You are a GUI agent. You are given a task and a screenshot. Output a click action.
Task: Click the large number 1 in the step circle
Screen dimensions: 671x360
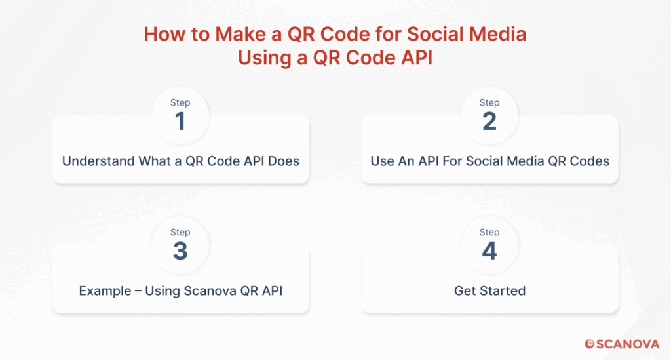(x=180, y=121)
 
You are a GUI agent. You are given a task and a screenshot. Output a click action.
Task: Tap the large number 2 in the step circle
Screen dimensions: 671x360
(x=489, y=121)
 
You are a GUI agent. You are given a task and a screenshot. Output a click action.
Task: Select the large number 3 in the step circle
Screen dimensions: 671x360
(x=180, y=251)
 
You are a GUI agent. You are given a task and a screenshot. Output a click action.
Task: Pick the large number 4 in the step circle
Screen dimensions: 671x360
(x=489, y=251)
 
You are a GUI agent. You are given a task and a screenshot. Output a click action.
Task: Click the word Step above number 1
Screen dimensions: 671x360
(x=180, y=103)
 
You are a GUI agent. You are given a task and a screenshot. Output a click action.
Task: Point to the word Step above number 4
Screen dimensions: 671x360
(x=489, y=232)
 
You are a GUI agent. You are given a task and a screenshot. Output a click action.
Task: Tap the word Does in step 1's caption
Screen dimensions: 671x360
(x=283, y=161)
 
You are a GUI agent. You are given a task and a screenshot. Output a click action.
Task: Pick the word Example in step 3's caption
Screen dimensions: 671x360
(x=105, y=291)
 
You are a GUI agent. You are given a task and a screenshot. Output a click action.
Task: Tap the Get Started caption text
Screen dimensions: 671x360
(x=490, y=290)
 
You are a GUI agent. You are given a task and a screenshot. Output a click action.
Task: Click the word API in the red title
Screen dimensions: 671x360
(x=417, y=58)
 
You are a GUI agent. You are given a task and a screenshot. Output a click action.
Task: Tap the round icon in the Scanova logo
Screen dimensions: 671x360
(x=590, y=344)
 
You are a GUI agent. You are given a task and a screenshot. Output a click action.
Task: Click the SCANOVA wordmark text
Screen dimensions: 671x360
(x=628, y=344)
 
